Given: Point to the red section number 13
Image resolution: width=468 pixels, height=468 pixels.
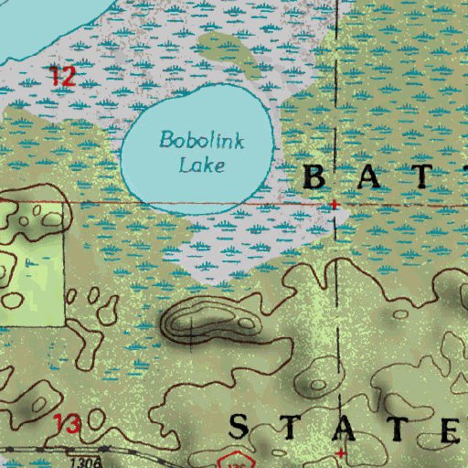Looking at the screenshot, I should coord(66,423).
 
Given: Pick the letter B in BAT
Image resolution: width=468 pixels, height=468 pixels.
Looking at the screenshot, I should coord(313,178).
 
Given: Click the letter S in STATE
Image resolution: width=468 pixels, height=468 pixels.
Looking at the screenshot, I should coord(239,427).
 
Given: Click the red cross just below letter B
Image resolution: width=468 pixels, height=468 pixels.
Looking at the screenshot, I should coord(335,205).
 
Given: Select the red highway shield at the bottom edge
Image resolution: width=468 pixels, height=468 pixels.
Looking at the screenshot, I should coord(239,460).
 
